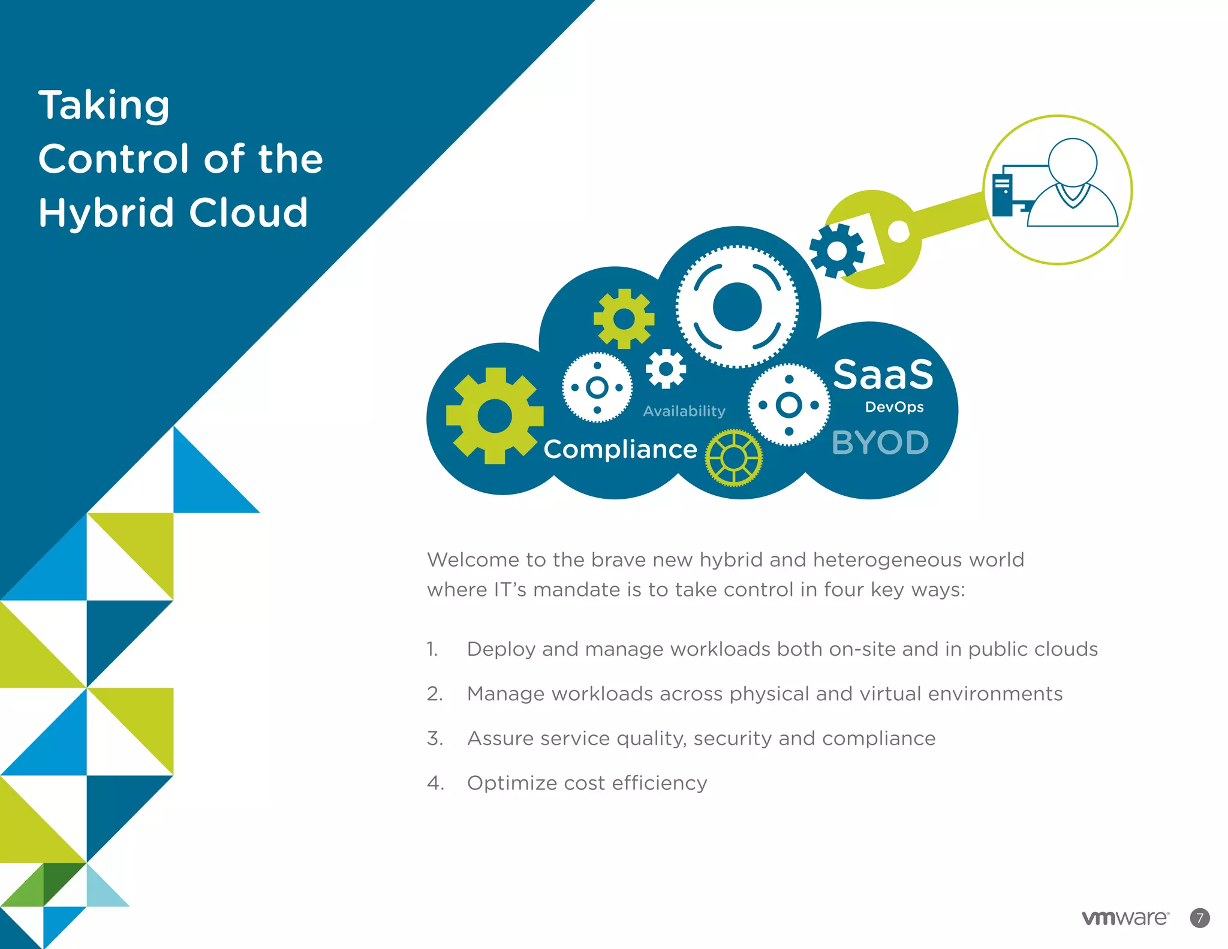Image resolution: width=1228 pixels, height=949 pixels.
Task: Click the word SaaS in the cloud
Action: [x=883, y=375]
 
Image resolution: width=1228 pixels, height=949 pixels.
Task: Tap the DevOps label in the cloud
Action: [x=894, y=407]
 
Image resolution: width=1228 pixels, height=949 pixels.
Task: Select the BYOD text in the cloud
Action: [x=880, y=443]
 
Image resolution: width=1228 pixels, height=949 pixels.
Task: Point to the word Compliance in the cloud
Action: [x=620, y=449]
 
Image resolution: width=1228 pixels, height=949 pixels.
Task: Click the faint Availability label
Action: [x=684, y=411]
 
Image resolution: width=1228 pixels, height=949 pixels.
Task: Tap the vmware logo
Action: [x=1125, y=918]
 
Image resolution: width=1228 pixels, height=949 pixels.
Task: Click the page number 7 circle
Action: [x=1200, y=918]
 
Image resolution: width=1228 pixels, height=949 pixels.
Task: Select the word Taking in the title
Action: [x=104, y=106]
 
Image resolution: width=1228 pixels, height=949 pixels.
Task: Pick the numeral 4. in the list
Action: [x=435, y=783]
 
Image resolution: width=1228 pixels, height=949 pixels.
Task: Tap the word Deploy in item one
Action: [x=501, y=649]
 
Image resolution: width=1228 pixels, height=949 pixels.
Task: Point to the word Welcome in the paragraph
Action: [x=473, y=559]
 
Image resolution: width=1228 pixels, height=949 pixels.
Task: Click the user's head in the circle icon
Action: [x=1072, y=162]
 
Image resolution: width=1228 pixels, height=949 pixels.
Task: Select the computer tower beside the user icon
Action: [x=1002, y=194]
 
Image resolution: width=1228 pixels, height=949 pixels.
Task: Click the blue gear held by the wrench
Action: [x=836, y=251]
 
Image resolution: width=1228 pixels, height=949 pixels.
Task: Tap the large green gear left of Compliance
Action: [x=495, y=416]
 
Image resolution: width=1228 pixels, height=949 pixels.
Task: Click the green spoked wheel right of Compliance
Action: [x=733, y=458]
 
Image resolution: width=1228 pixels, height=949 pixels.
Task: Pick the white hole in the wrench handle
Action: [x=898, y=231]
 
